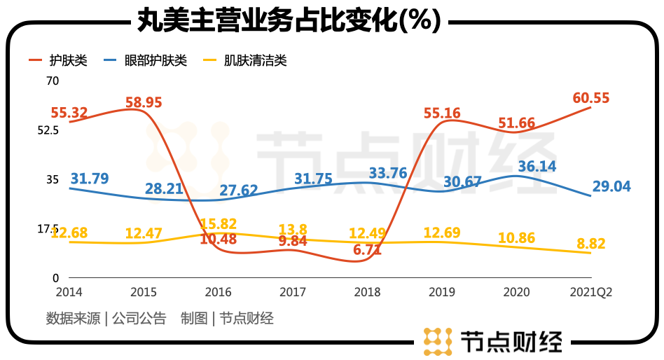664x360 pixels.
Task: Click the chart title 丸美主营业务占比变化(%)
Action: point(287,20)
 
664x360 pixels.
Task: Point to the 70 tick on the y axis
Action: point(53,81)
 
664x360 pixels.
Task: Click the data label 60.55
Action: point(590,98)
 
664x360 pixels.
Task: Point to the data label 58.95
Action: point(144,102)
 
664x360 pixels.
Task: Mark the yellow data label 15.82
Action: point(219,224)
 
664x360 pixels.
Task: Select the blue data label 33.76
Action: point(388,173)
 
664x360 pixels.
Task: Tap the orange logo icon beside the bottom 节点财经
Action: point(437,341)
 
